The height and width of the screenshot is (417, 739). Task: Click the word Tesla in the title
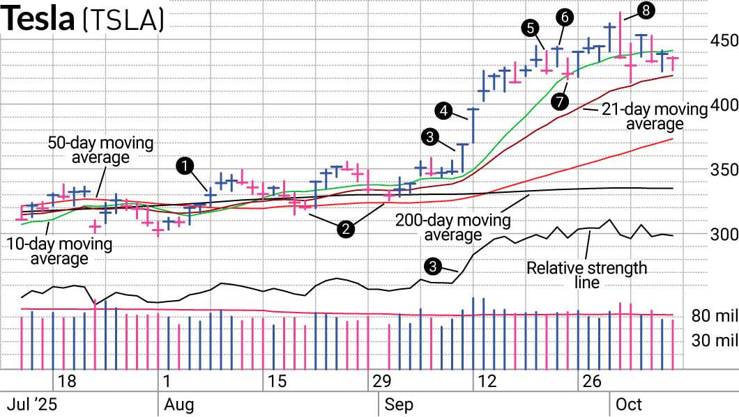tap(38, 19)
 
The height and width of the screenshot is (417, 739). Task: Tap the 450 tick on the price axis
tap(724, 40)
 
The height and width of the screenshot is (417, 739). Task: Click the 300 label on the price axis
tap(724, 234)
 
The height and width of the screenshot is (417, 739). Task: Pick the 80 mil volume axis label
tap(715, 317)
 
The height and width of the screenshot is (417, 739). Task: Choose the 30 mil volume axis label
tap(715, 340)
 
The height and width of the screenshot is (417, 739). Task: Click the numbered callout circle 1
tap(185, 166)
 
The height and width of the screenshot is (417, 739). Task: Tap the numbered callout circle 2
tap(344, 227)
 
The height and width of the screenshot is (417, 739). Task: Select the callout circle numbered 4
tap(443, 109)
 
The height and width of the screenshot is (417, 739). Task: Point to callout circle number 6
tap(565, 16)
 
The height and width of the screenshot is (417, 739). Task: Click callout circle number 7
tap(558, 102)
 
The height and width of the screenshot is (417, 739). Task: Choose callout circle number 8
tap(646, 10)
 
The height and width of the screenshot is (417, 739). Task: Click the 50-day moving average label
tap(100, 150)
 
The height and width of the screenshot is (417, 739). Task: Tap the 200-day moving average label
tap(452, 228)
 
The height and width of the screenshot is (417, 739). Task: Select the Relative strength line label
tap(586, 275)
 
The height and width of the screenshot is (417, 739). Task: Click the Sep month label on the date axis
tap(399, 404)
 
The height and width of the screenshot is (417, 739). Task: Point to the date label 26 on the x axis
tap(591, 381)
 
